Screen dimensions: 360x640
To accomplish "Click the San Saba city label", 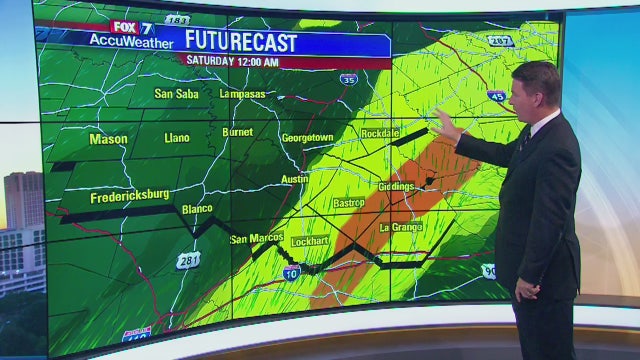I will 176,94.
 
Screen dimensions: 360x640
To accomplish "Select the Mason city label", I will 108,139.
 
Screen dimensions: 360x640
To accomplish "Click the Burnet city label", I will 237,131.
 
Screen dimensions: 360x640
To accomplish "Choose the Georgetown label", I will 306,137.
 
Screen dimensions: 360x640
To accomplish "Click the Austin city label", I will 295,179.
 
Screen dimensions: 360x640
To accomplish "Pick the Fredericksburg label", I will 128,198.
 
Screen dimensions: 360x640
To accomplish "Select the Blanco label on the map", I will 198,209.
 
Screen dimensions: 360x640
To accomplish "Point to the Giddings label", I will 397,187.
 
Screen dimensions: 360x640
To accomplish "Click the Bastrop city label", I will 349,203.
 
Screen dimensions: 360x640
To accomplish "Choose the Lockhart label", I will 310,242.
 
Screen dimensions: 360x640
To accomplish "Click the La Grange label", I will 401,227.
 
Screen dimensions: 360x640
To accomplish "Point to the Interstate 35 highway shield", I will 347,79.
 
